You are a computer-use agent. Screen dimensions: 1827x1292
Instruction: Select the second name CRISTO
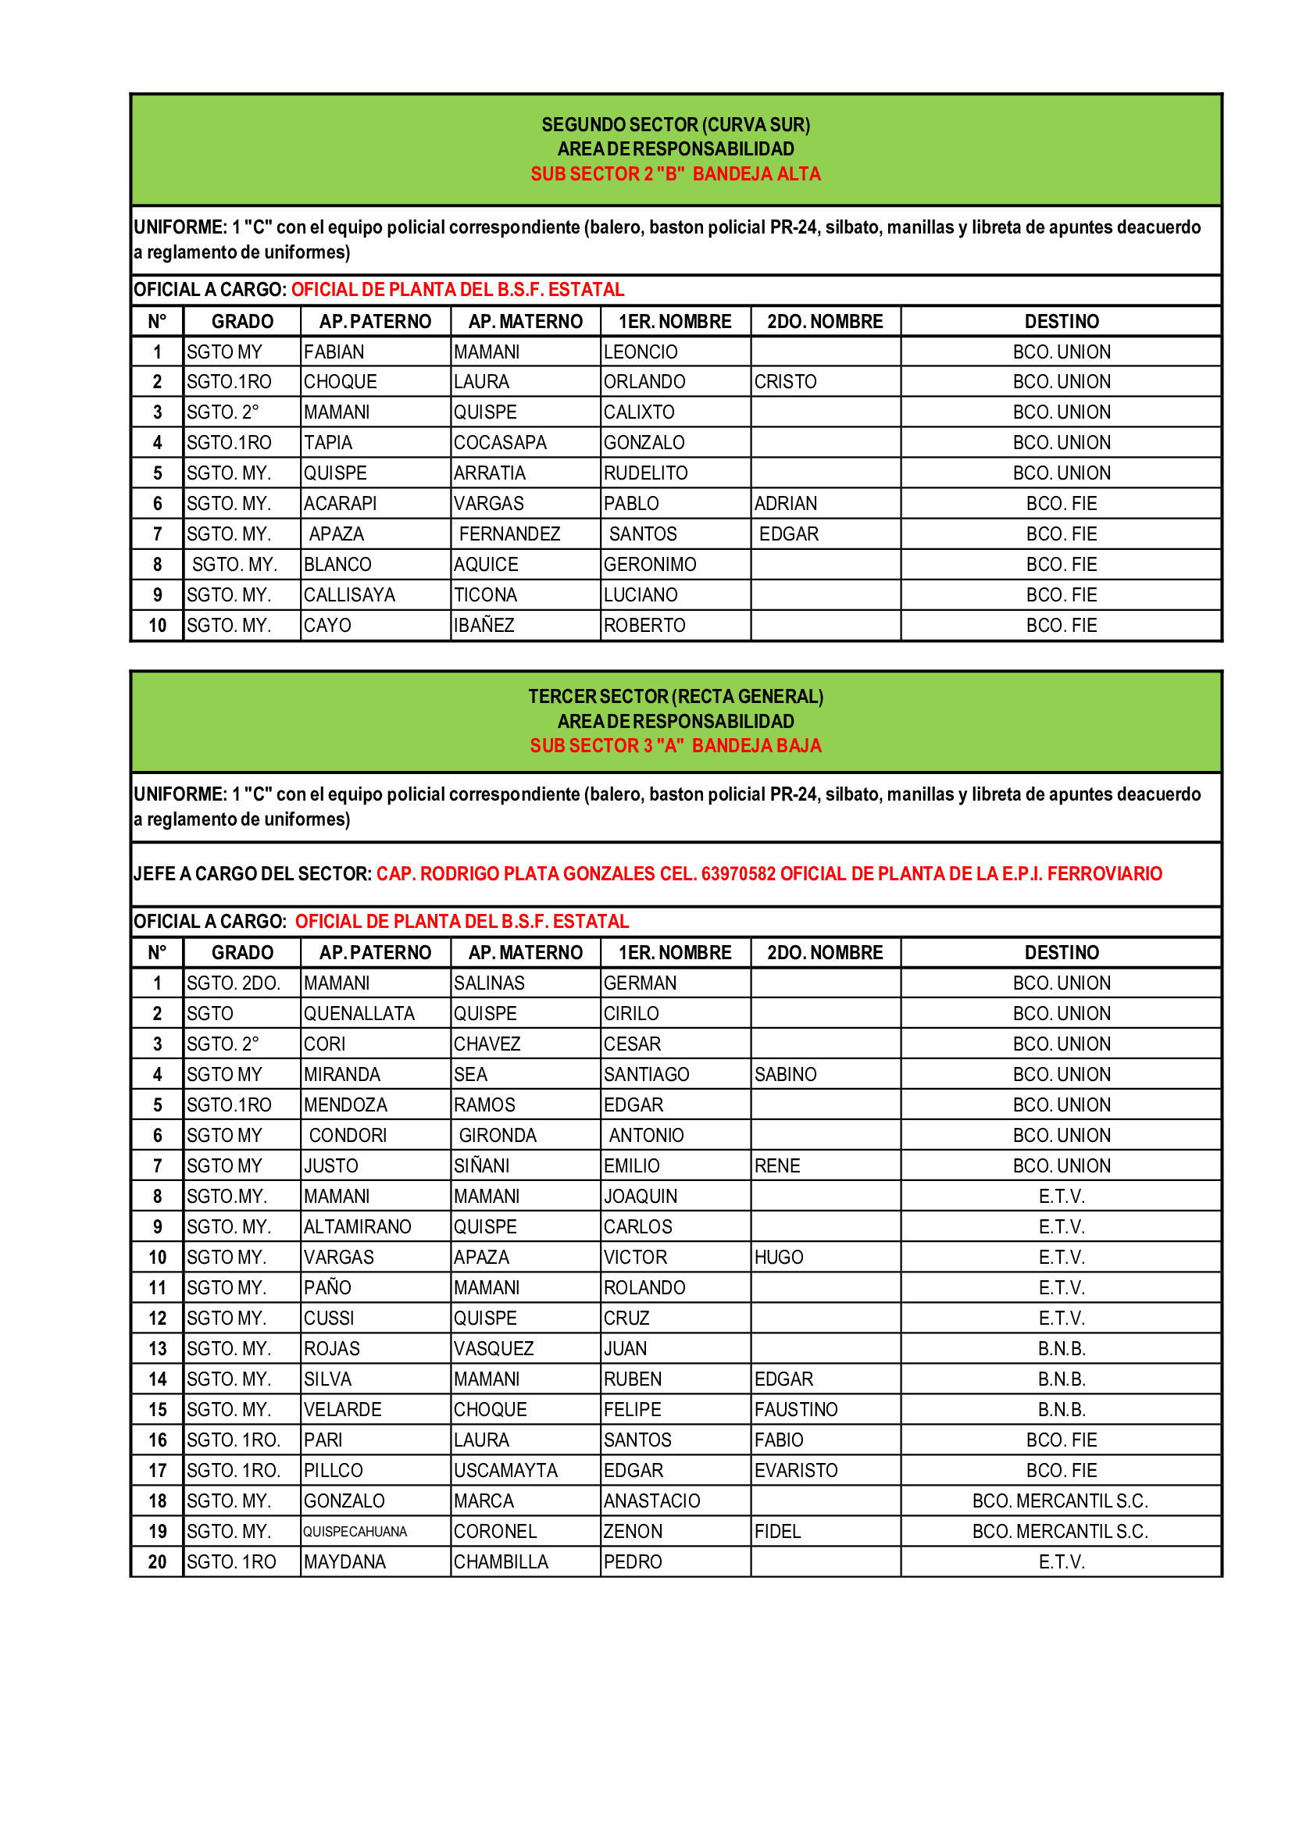785,382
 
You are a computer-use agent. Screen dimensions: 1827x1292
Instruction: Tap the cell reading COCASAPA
500,442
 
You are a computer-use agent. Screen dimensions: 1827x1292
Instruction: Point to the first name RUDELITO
645,473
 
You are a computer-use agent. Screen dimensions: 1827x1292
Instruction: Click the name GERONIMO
649,564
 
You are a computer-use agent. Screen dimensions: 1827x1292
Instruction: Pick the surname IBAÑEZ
484,626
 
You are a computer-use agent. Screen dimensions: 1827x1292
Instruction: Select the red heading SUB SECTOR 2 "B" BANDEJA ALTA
676,174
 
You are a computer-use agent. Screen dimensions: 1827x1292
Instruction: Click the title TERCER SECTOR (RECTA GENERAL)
676,696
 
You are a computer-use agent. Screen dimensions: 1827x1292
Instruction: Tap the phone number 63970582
737,874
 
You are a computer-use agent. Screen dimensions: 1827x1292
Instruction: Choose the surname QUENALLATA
359,1014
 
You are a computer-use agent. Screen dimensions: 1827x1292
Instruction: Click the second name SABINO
785,1074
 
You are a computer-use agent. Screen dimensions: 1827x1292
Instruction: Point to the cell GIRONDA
498,1136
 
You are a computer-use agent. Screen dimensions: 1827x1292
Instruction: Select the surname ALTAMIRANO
357,1227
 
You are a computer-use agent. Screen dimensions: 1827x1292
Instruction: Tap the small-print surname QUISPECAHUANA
355,1532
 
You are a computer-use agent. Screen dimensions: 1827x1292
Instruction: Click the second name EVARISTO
795,1471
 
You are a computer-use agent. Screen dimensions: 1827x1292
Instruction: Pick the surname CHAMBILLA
501,1562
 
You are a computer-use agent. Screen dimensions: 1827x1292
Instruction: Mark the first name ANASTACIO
651,1500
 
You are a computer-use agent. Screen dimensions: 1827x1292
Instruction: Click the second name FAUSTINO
795,1409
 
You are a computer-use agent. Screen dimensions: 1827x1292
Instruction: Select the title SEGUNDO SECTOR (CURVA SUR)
676,125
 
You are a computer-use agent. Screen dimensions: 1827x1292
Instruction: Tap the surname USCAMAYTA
505,1471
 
